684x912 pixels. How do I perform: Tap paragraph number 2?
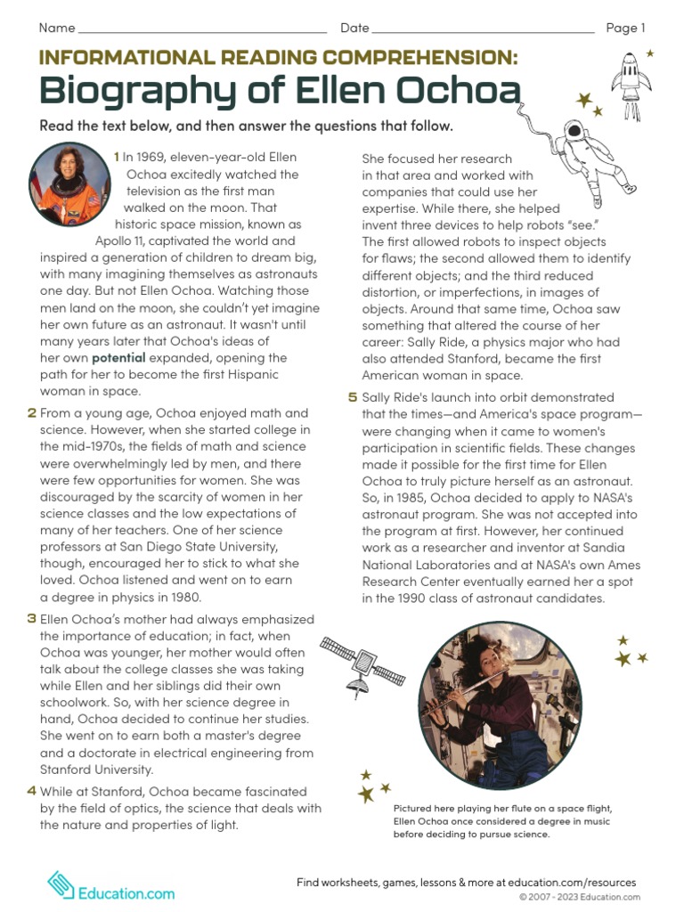point(32,413)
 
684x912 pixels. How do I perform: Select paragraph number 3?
point(32,619)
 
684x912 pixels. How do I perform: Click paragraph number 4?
point(32,791)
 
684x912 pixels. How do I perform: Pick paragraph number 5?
point(353,397)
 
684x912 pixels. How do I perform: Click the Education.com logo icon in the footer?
point(61,884)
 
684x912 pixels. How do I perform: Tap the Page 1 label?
point(625,28)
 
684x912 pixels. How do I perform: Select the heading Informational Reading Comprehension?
point(278,58)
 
